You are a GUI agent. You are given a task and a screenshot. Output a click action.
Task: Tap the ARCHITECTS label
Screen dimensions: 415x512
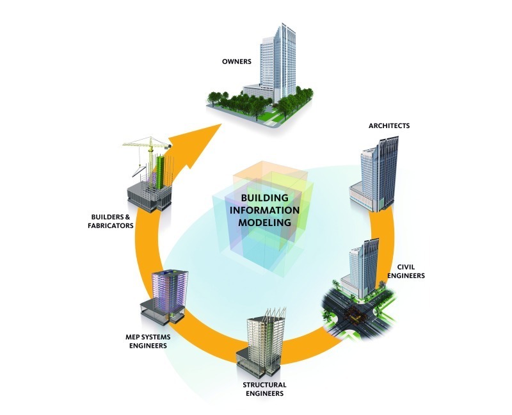389,126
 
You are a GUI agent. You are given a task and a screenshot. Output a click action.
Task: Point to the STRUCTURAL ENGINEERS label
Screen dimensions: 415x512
264,389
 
